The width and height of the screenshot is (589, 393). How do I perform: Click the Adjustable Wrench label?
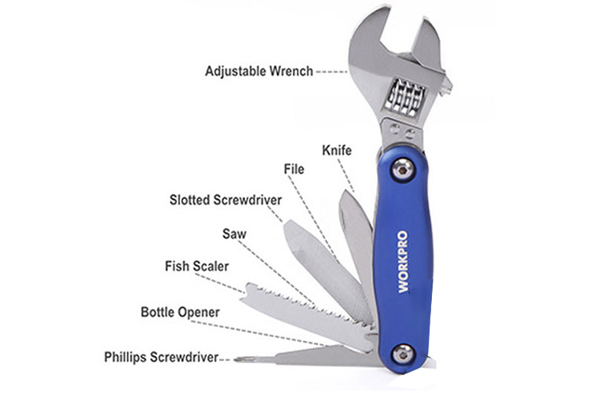point(259,71)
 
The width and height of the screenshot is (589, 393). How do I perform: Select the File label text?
point(294,168)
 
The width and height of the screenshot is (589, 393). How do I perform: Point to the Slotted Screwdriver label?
point(225,200)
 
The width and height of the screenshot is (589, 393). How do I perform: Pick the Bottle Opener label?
point(180,312)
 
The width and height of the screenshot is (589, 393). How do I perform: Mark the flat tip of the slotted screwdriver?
point(288,228)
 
